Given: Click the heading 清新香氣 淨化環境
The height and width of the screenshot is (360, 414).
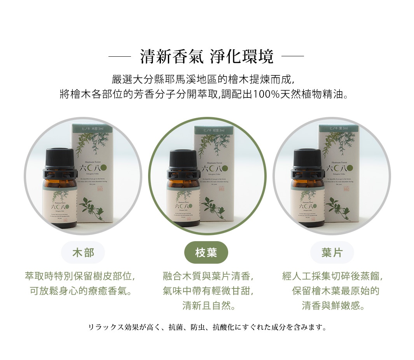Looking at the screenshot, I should coord(206,57).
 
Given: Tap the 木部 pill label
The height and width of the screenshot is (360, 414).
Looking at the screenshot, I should coord(83,252).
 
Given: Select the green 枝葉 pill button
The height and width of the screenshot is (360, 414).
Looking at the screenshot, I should coord(206,252).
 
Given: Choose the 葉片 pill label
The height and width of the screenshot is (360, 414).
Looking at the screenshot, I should coord(332,252).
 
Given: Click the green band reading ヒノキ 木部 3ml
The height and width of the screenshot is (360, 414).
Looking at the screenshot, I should coord(92,128).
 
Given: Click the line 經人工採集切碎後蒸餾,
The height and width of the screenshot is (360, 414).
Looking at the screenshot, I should coord(333,277).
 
